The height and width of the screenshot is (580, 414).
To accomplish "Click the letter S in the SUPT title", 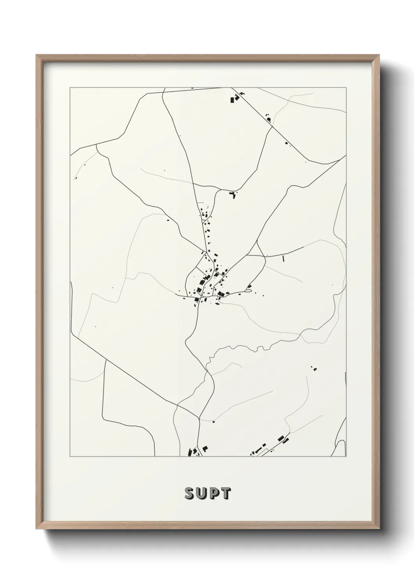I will pyautogui.click(x=189, y=493).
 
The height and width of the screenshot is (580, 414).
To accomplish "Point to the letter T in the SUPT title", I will pyautogui.click(x=226, y=493).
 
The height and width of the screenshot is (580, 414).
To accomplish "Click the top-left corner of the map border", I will pyautogui.click(x=70, y=88).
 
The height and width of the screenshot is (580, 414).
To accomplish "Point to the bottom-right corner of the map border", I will pyautogui.click(x=346, y=457).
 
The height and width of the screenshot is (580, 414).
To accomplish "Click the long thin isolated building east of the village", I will pyautogui.click(x=283, y=258).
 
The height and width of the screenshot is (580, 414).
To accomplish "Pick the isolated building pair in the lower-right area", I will pyautogui.click(x=313, y=368).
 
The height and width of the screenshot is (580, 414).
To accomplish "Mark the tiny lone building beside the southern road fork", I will pyautogui.click(x=214, y=422).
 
